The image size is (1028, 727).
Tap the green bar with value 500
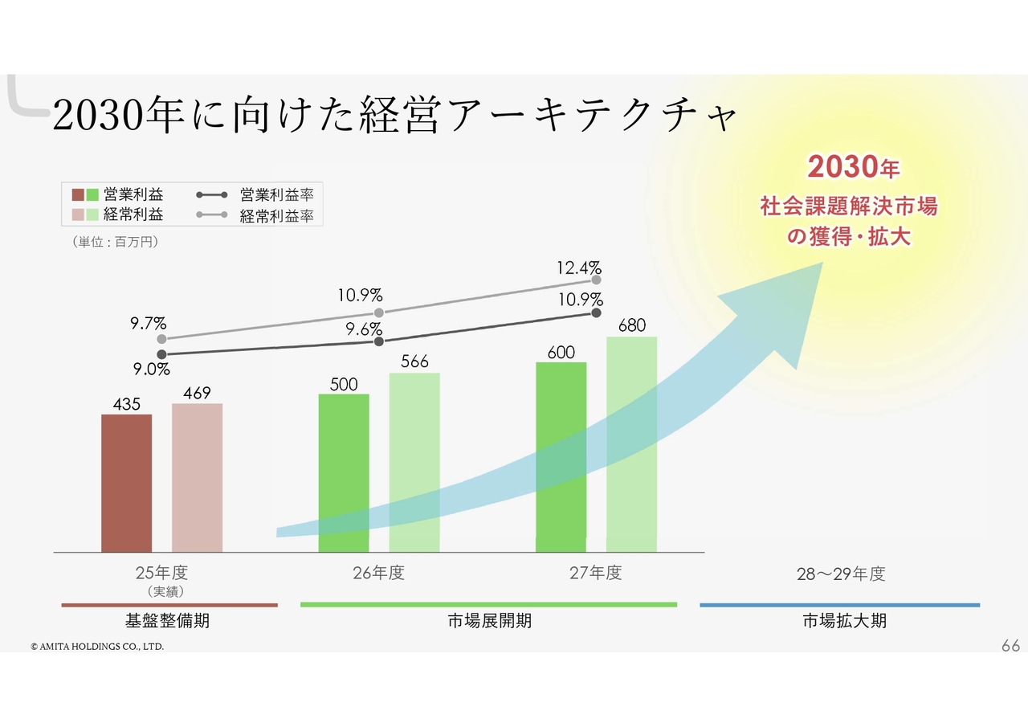pyautogui.click(x=344, y=473)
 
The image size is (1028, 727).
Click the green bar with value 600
pyautogui.click(x=561, y=457)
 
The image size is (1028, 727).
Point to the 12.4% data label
pyautogui.click(x=579, y=268)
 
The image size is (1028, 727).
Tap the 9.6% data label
pyautogui.click(x=364, y=329)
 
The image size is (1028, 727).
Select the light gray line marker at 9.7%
pyautogui.click(x=161, y=339)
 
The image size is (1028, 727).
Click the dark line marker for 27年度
pyautogui.click(x=596, y=313)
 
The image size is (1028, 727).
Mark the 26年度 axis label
pyautogui.click(x=378, y=573)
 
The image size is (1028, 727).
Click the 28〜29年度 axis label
pyautogui.click(x=840, y=574)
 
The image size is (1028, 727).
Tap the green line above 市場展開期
pyautogui.click(x=488, y=604)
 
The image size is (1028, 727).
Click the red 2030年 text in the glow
pyautogui.click(x=853, y=168)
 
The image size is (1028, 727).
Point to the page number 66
pyautogui.click(x=1010, y=646)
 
